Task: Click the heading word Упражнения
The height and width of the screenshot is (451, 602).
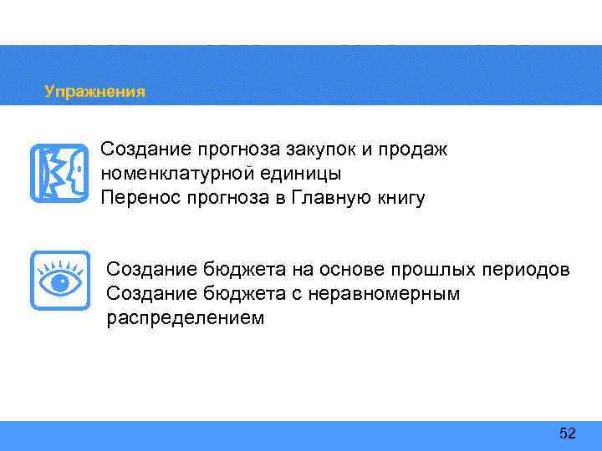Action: tap(94, 92)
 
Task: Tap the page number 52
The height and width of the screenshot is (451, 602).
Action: tap(568, 433)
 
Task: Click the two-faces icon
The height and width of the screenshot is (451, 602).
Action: tap(59, 174)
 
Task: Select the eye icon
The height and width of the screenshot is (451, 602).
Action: tap(59, 281)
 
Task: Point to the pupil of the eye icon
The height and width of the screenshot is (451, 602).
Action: tap(59, 283)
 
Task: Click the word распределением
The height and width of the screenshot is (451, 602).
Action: tap(185, 318)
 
